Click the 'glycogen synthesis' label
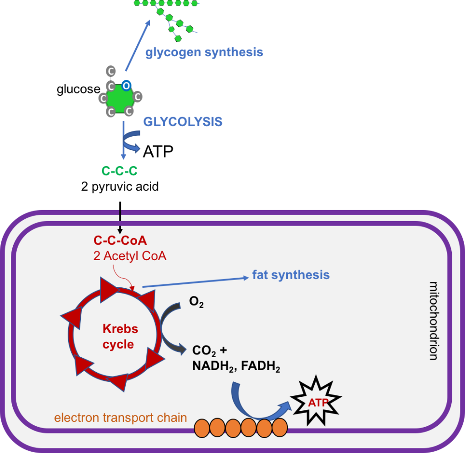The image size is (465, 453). (x=204, y=52)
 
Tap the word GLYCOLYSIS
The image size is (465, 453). (x=183, y=122)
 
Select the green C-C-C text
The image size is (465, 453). (x=119, y=171)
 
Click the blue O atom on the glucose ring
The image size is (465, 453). (x=127, y=85)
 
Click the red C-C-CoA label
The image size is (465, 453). (x=120, y=241)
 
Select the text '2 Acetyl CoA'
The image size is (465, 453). (x=130, y=256)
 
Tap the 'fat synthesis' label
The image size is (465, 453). (x=291, y=275)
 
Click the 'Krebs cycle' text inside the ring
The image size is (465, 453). (x=118, y=336)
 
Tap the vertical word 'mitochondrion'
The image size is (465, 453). (x=434, y=320)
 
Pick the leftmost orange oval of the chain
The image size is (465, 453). (x=202, y=428)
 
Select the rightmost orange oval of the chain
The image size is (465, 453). (x=280, y=428)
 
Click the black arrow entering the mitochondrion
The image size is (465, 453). (x=120, y=220)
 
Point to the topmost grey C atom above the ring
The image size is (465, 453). (x=111, y=71)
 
